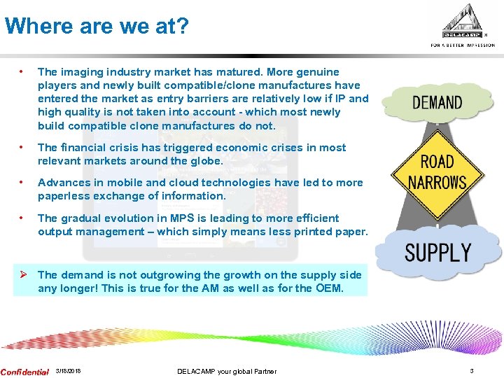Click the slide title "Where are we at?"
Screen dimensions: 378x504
[96, 27]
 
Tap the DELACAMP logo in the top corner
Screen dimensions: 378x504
[464, 22]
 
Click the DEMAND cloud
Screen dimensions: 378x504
[437, 103]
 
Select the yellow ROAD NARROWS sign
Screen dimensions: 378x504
[437, 172]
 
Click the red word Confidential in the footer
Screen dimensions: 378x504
[25, 372]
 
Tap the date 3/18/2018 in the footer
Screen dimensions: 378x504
[68, 372]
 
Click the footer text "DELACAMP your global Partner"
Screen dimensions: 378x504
[227, 372]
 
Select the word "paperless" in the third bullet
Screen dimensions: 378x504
[62, 196]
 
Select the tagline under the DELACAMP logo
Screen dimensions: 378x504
[463, 45]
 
